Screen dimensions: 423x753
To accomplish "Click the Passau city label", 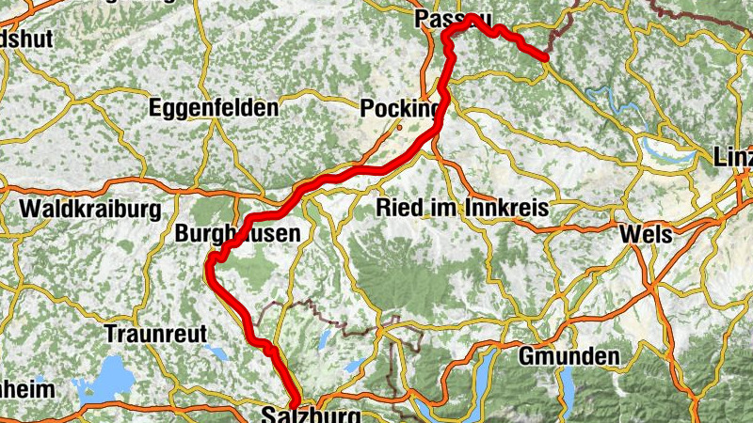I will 452,18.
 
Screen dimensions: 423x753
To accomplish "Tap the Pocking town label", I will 400,110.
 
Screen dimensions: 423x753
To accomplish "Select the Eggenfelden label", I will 214,108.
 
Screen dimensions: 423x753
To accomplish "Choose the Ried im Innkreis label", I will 461,208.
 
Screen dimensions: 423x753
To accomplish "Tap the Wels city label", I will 645,234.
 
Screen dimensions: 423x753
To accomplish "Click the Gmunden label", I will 569,356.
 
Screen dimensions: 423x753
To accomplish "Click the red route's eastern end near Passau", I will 545,58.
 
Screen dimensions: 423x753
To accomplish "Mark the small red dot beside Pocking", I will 399,127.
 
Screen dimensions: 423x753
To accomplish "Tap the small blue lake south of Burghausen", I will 219,353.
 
